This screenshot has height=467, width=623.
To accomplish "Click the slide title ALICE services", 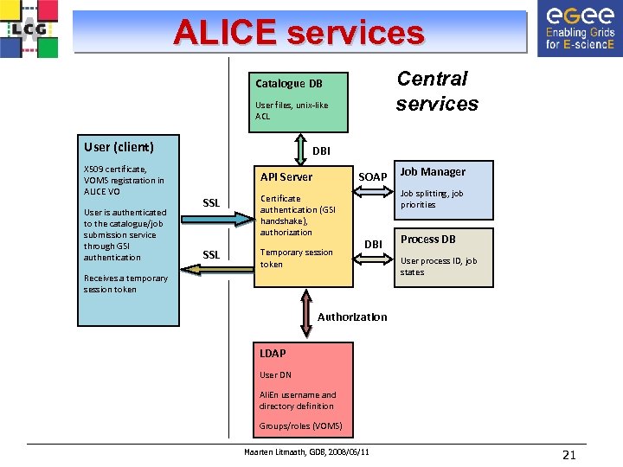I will [x=299, y=32].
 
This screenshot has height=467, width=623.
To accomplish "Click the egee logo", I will [x=576, y=28].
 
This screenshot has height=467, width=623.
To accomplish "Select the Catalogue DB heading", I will [x=289, y=83].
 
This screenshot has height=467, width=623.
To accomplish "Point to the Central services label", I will [x=436, y=91].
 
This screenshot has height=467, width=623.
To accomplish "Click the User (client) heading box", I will [x=119, y=147].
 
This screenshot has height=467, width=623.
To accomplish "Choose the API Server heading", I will [x=286, y=176].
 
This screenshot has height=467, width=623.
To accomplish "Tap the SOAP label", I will [x=373, y=177].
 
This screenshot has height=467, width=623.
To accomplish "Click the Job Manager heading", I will [x=433, y=172].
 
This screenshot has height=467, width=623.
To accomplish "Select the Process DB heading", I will [x=427, y=240].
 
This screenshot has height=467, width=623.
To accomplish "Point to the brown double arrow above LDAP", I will [x=307, y=312].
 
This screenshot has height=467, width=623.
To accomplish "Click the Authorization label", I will [x=352, y=317].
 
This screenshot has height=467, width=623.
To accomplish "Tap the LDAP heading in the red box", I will [x=273, y=353].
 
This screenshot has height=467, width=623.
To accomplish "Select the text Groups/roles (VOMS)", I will [x=300, y=426].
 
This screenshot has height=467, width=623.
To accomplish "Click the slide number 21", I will [x=568, y=456].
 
